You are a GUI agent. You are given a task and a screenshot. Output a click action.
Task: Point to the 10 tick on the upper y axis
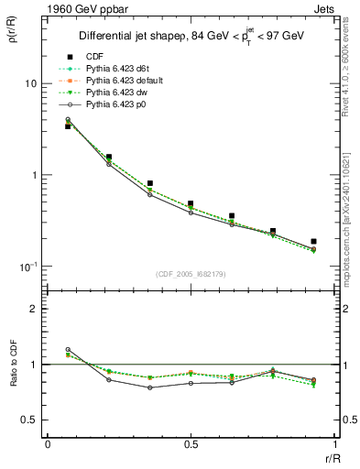click(30, 83)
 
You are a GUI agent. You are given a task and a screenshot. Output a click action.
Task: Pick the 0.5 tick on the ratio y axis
click(29, 420)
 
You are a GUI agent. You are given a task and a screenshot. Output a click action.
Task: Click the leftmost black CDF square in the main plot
click(68, 126)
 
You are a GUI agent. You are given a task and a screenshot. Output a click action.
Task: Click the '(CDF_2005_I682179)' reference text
click(191, 275)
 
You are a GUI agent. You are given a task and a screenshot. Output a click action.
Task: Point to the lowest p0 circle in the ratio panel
click(149, 387)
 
